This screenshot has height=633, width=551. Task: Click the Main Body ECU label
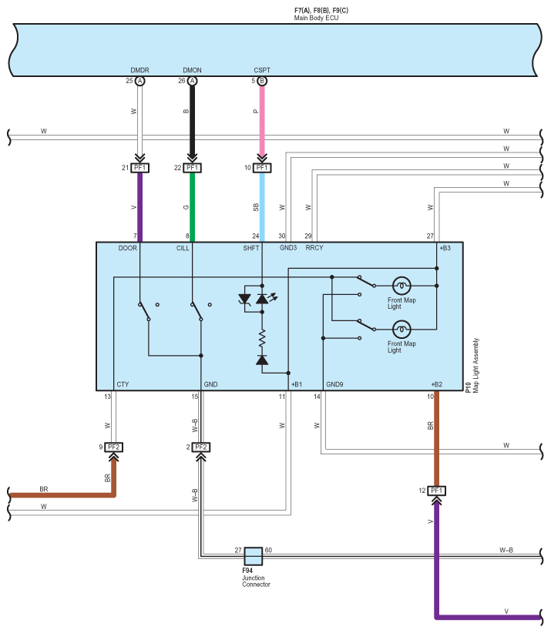tap(316, 17)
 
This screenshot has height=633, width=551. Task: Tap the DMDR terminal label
tap(139, 71)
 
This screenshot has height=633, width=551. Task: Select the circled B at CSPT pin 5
tap(262, 81)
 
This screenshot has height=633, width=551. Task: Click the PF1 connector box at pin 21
tap(139, 168)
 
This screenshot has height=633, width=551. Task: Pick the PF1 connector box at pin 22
tap(193, 168)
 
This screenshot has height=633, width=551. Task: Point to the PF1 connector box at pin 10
tap(262, 168)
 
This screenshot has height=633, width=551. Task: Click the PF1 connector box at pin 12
tap(437, 491)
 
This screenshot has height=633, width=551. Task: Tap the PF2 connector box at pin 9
tap(114, 447)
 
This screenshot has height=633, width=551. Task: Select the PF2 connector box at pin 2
tap(201, 447)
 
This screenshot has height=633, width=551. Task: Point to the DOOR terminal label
tap(127, 248)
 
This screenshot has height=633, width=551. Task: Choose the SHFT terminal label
tap(251, 248)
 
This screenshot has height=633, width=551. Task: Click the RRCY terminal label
tap(314, 248)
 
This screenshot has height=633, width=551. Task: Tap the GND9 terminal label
tap(334, 383)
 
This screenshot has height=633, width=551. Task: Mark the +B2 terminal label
tap(437, 383)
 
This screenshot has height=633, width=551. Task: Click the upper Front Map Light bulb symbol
tap(401, 285)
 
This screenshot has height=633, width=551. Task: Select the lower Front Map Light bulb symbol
tap(401, 329)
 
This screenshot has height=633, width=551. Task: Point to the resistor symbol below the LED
tap(262, 337)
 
